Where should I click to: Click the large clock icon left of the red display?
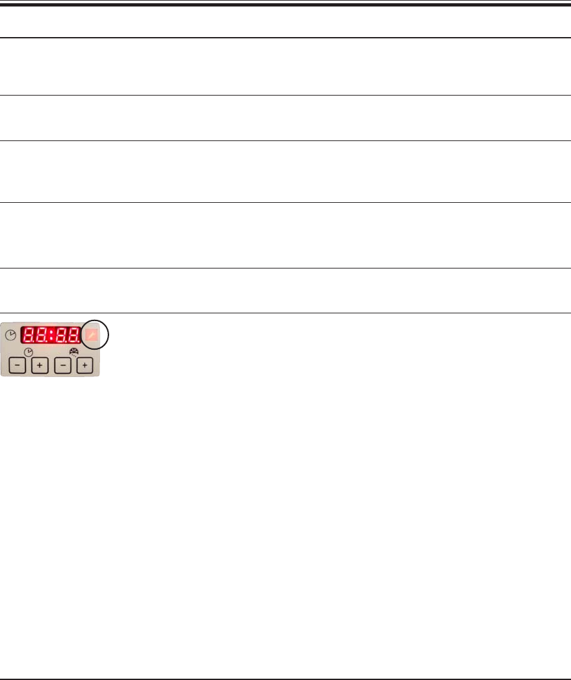coord(11,335)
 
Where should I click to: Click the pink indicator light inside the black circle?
coord(92,335)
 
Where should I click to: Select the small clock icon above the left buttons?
coord(28,352)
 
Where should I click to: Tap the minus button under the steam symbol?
coord(62,366)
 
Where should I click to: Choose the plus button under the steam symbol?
coord(84,366)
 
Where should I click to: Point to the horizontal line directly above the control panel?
coord(285,313)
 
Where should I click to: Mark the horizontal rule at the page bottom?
coord(285,679)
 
